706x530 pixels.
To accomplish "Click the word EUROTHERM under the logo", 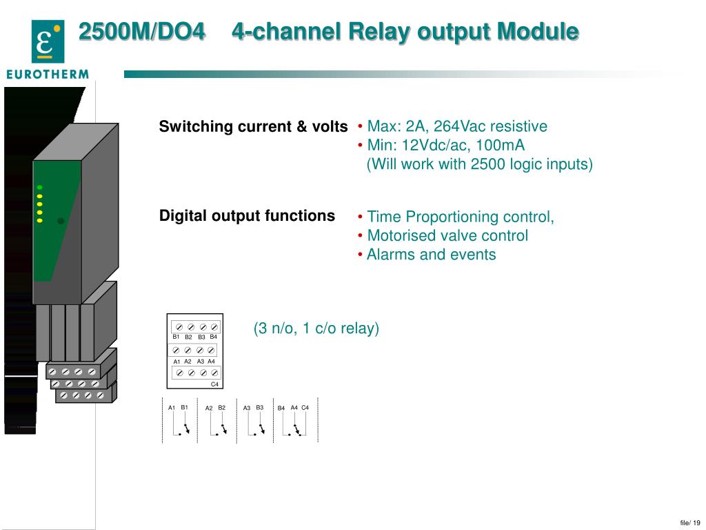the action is point(48,74).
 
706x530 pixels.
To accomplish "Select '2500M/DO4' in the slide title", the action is point(141,31).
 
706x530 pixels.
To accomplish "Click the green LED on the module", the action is point(40,187).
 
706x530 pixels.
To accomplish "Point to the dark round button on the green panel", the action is point(61,221).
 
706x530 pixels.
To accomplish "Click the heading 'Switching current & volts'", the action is point(253,127).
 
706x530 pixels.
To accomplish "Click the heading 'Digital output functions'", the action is point(247,215).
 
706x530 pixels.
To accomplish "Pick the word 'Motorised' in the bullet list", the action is point(401,236).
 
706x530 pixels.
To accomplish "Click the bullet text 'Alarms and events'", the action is point(431,255).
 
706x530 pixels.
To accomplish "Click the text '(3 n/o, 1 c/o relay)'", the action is point(316,328).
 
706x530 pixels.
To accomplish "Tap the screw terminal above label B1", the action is point(179,326).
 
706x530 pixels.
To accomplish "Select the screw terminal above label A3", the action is point(200,351).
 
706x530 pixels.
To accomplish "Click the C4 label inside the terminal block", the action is point(214,384).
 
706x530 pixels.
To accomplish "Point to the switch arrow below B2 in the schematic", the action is point(223,429).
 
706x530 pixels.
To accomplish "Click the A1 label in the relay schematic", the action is point(172,408).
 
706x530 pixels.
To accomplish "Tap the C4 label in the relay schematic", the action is point(305,407).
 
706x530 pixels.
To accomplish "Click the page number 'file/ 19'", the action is point(689,522).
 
